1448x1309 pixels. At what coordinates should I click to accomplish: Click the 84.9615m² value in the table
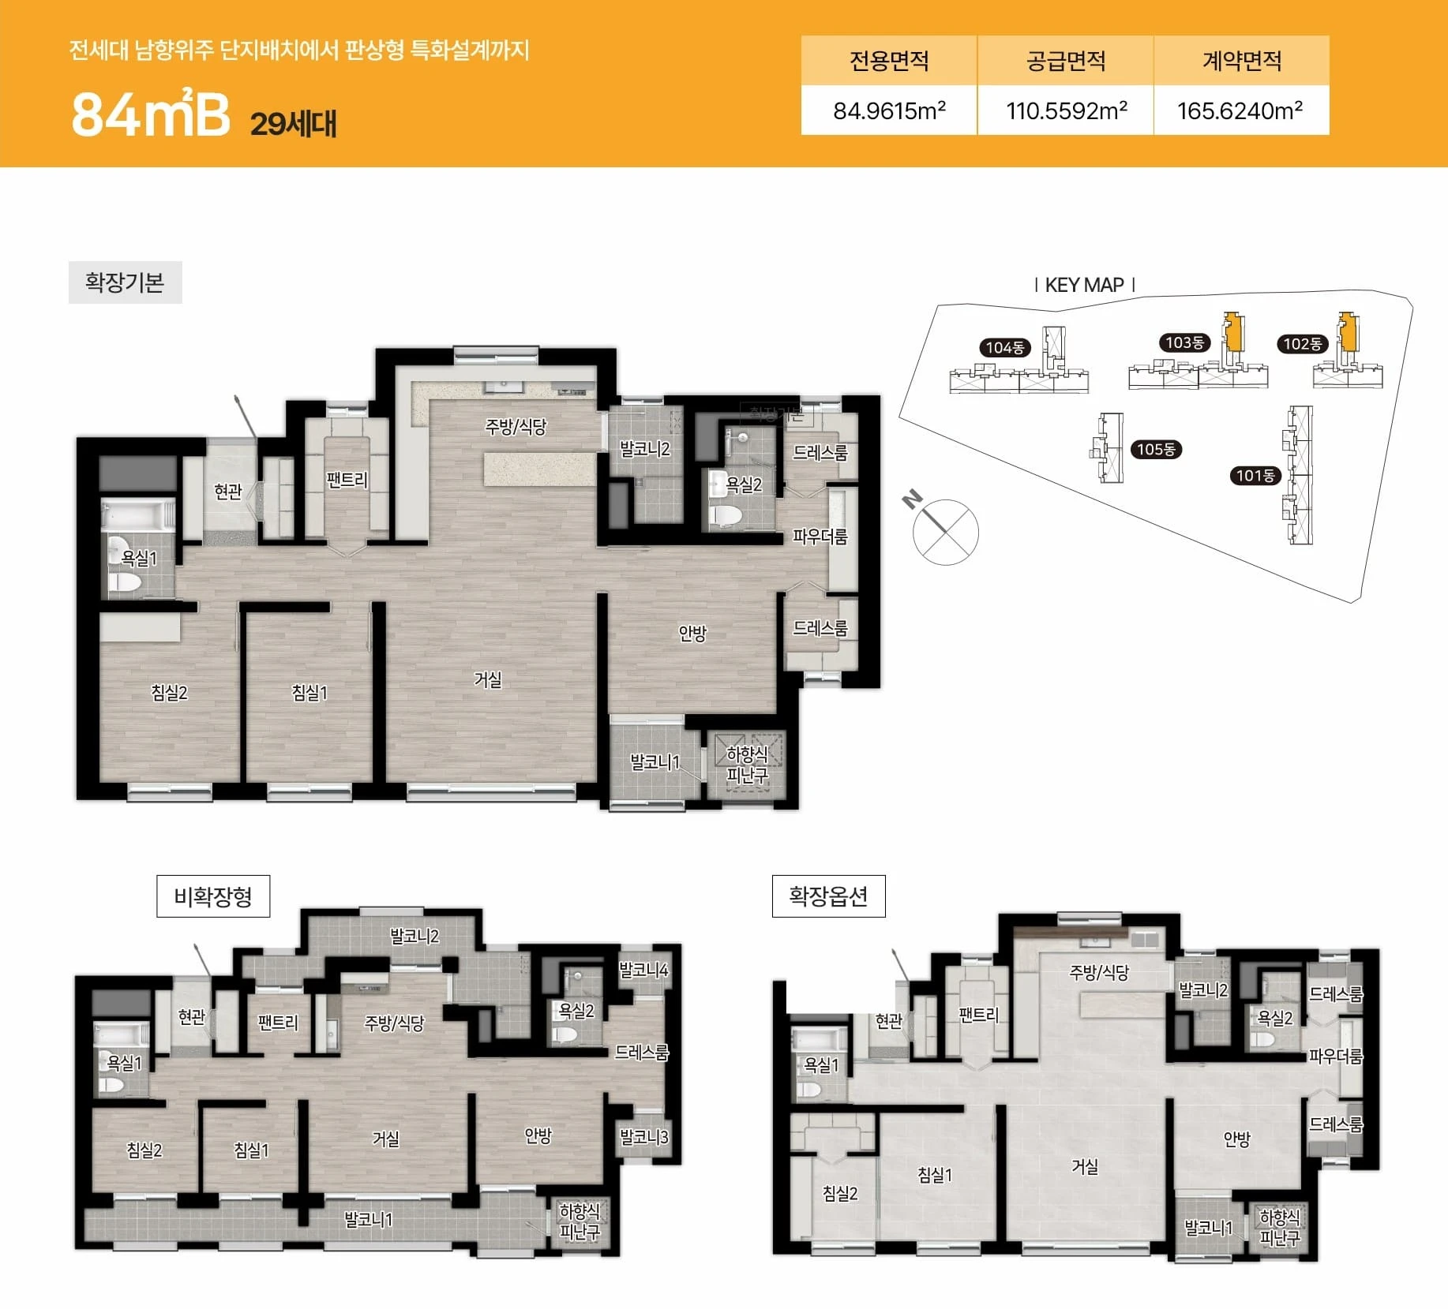889,110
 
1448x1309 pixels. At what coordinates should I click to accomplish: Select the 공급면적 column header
1066,61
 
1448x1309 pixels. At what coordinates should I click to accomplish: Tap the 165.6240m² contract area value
1240,110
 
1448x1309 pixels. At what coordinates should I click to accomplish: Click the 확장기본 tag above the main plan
125,282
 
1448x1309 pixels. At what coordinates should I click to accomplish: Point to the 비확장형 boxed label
213,896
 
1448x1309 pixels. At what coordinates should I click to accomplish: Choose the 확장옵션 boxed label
828,896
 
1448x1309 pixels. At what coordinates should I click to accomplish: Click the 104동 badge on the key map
1005,347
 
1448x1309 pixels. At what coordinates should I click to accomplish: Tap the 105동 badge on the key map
1156,450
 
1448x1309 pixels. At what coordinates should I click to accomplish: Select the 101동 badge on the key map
1255,476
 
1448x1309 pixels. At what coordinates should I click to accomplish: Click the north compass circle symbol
946,532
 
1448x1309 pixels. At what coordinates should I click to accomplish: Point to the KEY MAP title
1084,285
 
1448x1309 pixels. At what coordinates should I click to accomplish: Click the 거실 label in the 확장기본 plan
487,679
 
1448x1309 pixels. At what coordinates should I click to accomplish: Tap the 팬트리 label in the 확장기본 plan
347,479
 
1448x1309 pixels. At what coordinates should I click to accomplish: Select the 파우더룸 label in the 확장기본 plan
820,537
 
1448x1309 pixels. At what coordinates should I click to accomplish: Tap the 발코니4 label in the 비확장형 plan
643,970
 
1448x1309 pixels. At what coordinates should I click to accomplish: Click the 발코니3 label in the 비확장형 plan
643,1137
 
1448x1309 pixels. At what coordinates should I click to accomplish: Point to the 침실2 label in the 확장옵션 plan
839,1194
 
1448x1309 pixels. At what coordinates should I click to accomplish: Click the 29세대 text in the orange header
294,124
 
